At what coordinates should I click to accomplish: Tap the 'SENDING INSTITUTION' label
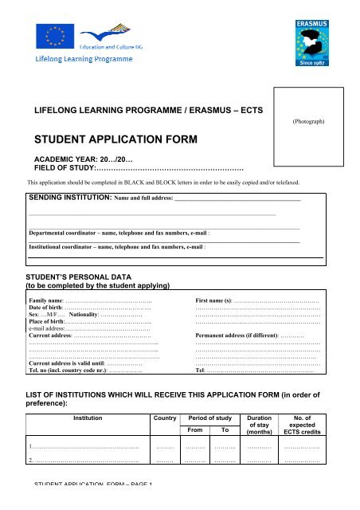[69, 196]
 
